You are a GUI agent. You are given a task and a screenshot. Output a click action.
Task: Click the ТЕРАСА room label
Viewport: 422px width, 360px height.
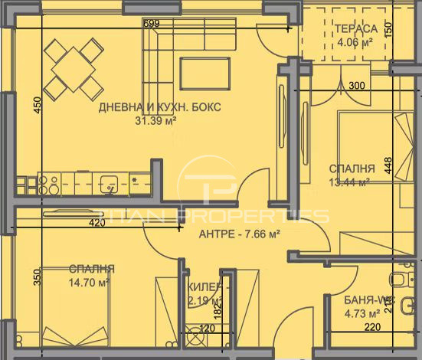coord(355,29)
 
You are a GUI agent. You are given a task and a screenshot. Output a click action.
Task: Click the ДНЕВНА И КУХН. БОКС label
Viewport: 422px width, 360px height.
coord(160,107)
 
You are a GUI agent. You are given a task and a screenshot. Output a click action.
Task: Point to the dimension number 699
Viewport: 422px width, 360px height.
coord(151,24)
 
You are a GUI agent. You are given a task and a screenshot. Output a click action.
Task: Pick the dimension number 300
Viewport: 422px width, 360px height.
coord(356,86)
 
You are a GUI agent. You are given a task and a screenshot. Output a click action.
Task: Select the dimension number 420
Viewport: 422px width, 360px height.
coord(96,223)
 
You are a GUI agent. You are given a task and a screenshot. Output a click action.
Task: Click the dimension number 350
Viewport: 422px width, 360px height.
coord(36,276)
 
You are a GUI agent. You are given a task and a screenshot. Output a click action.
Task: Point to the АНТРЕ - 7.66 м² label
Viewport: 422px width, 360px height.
coord(237,234)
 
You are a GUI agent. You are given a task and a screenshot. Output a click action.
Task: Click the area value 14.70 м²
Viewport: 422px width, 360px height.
coord(91,282)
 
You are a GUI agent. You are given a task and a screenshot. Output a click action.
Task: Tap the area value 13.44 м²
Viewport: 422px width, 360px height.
coord(350,182)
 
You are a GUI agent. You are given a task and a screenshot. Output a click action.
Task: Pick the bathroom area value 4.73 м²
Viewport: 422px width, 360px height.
coord(362,313)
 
